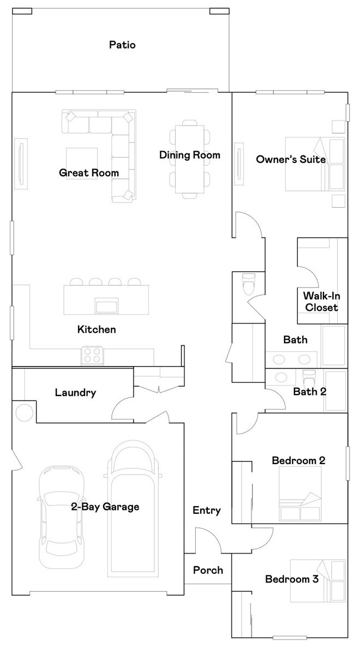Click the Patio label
(122, 45)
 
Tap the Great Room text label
(89, 173)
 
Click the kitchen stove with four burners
(93, 356)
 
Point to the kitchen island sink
(107, 305)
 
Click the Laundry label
(75, 392)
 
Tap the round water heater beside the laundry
(24, 412)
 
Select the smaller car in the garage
(61, 517)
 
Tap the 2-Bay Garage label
(105, 507)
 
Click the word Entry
(207, 511)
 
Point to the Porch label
(208, 570)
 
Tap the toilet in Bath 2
(309, 377)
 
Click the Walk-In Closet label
(321, 302)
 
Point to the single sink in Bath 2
(282, 377)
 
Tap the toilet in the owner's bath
(248, 281)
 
